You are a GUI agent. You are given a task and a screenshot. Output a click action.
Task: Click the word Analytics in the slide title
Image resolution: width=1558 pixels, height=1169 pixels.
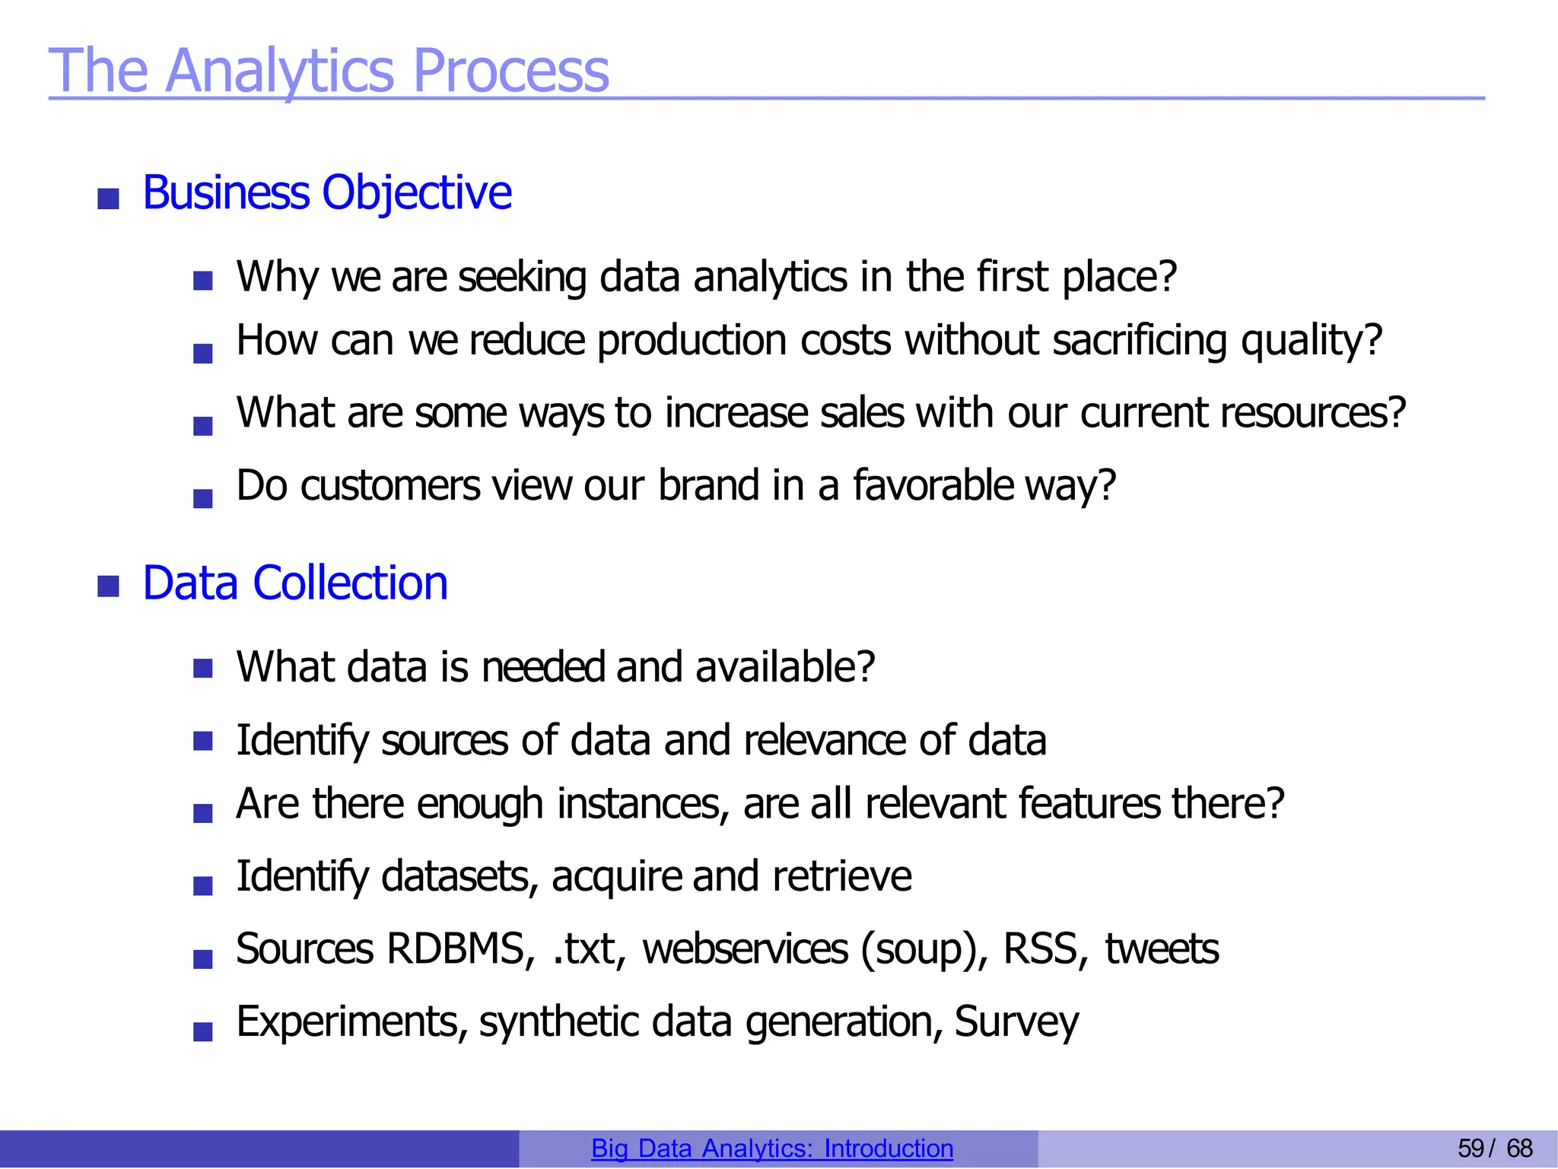278,71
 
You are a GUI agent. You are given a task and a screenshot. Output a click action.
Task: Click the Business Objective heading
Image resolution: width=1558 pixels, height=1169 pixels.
327,192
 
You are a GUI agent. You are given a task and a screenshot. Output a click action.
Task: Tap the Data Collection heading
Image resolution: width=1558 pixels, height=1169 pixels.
295,583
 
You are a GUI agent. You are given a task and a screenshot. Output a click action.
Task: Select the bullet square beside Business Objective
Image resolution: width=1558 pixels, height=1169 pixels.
109,199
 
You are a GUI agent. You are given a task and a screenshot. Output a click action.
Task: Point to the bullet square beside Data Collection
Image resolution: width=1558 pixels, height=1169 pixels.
109,586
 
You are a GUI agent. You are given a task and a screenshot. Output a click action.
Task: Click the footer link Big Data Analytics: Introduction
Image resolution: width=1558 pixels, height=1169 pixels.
772,1148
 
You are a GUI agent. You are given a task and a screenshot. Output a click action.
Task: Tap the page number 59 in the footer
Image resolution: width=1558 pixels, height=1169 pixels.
1471,1148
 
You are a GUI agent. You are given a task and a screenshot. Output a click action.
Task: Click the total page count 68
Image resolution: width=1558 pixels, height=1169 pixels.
1519,1148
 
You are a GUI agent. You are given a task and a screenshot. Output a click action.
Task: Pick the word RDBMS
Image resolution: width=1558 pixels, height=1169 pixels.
455,949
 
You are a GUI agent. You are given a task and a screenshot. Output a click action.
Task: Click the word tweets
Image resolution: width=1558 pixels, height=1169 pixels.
1162,949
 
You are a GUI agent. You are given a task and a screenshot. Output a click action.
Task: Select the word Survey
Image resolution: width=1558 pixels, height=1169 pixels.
1016,1021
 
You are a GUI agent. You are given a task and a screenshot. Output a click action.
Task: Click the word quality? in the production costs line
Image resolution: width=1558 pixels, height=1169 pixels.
1312,340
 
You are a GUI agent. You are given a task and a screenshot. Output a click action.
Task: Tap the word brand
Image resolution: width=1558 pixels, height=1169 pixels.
708,485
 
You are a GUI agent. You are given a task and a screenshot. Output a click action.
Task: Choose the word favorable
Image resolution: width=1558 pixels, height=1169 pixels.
933,485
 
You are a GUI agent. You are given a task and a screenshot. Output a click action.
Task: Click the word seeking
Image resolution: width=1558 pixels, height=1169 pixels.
522,277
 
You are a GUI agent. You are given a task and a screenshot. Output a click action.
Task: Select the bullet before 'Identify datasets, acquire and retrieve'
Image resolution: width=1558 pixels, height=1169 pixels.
203,885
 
